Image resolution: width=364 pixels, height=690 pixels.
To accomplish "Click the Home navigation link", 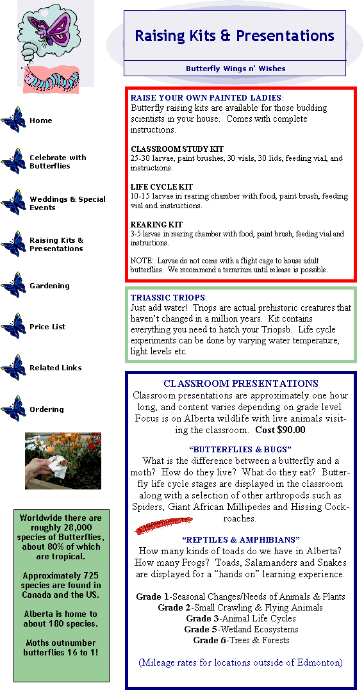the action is [40, 120].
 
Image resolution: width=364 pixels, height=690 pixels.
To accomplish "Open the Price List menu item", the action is [47, 327].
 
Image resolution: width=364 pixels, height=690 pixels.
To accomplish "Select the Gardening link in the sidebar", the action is [49, 286].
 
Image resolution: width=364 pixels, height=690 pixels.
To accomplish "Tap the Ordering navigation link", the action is [47, 409].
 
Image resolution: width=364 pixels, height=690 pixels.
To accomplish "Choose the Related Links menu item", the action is [56, 368].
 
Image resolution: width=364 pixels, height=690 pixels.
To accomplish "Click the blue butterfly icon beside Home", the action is [13, 120].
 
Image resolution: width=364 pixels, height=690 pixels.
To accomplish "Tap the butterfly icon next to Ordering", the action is [13, 408].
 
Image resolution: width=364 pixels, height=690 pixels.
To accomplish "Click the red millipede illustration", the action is [163, 525].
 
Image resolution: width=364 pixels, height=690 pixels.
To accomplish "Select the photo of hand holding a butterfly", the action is [63, 461].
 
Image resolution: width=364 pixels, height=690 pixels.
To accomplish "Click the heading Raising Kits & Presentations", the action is [235, 35].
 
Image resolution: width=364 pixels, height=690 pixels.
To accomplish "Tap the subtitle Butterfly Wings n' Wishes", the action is [235, 69].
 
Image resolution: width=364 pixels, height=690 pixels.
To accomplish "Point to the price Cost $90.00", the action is [281, 429].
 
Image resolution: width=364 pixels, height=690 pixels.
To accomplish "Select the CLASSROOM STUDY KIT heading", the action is [177, 149].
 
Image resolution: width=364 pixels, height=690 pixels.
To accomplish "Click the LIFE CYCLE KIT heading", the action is [161, 187].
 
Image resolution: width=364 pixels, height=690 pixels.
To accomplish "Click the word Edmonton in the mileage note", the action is [319, 662].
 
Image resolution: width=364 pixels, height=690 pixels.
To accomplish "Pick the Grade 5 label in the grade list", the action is [201, 629].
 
